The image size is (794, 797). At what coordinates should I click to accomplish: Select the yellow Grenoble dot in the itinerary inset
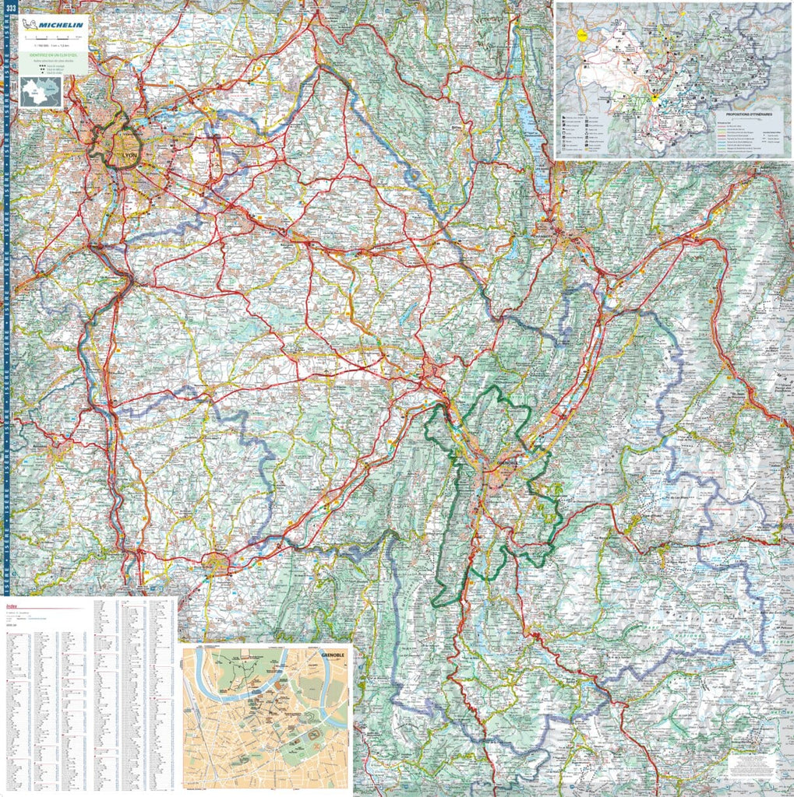click(655, 100)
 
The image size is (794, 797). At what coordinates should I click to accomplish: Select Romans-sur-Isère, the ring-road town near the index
click(217, 562)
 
